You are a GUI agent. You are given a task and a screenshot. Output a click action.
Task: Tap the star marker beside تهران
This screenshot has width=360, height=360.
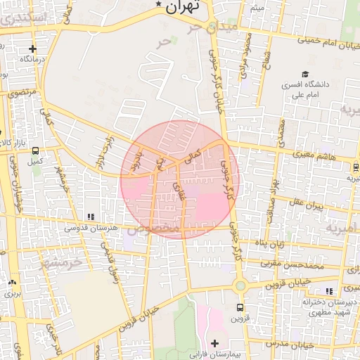pyautogui.click(x=158, y=6)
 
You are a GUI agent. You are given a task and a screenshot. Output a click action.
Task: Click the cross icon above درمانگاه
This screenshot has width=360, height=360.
pyautogui.click(x=32, y=49)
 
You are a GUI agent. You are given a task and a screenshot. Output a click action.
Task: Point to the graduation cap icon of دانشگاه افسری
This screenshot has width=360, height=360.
pyautogui.click(x=304, y=74)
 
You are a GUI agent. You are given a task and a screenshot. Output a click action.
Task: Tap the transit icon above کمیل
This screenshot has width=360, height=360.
pyautogui.click(x=34, y=150)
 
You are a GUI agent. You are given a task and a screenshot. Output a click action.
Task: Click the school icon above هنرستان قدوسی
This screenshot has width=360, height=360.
pyautogui.click(x=90, y=217)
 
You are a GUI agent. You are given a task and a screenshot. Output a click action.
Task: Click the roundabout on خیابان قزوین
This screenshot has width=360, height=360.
pyautogui.click(x=240, y=286)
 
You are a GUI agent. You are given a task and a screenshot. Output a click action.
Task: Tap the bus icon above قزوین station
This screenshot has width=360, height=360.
pyautogui.click(x=240, y=307)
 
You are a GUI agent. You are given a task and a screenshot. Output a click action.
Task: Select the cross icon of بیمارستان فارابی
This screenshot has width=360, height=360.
pyautogui.click(x=214, y=343)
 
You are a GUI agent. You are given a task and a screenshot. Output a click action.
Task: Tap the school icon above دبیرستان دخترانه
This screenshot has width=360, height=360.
pyautogui.click(x=328, y=291)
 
